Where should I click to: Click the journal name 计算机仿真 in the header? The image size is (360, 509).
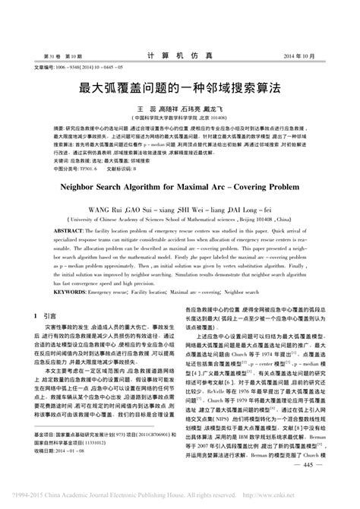coord(179,57)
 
